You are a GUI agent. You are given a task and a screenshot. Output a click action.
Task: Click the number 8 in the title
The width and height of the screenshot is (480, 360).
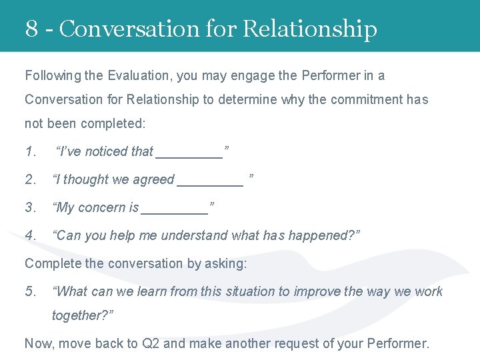point(31,29)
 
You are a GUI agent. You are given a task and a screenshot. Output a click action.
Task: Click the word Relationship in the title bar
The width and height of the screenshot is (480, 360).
point(310,29)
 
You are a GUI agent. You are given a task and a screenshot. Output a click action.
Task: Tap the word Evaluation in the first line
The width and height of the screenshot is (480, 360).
point(139,75)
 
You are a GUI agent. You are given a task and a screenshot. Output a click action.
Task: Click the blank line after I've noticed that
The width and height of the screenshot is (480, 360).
point(189,155)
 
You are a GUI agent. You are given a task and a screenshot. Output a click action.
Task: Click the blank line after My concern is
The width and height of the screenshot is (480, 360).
point(175,211)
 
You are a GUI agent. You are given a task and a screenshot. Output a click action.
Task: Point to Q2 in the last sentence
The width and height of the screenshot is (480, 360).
point(150,343)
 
